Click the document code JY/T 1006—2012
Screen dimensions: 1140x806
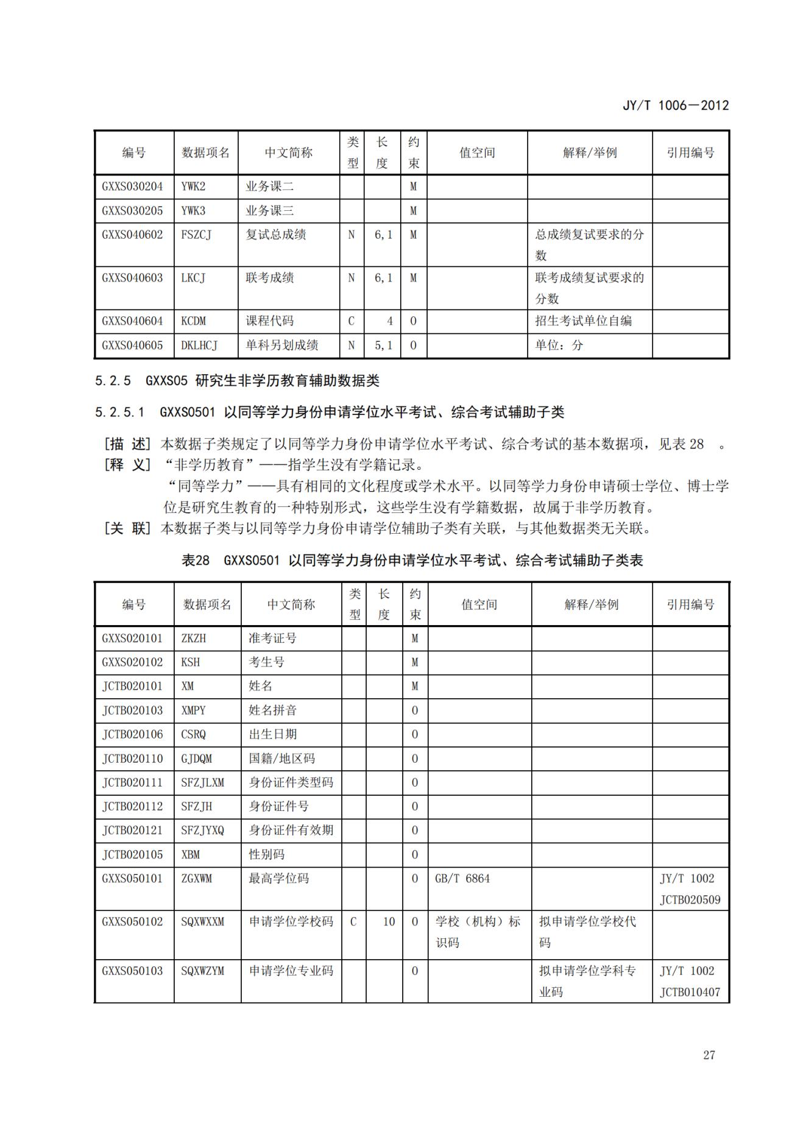(x=675, y=105)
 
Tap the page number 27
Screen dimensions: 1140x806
(x=709, y=1055)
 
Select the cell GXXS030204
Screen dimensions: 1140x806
(x=132, y=186)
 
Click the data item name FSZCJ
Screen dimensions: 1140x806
(x=196, y=235)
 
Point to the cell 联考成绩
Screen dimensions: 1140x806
(x=270, y=278)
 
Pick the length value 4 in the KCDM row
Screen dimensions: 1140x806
(x=389, y=321)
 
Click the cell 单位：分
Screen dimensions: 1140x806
(x=559, y=345)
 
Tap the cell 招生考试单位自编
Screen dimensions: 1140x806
(x=583, y=321)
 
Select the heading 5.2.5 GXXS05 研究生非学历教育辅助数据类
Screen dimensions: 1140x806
(x=237, y=381)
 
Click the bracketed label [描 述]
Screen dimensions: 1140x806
(x=127, y=444)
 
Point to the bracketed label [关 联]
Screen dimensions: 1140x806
(x=127, y=528)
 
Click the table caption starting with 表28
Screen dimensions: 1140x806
(x=412, y=560)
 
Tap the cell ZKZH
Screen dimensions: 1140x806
(x=194, y=638)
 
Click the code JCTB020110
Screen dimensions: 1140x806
(x=132, y=759)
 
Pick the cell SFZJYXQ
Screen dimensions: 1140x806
(x=202, y=830)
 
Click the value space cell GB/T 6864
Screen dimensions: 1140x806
(x=462, y=879)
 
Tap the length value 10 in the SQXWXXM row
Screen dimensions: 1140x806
(x=389, y=922)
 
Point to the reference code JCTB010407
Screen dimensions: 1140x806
(x=690, y=992)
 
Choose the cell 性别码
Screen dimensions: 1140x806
(x=267, y=855)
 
